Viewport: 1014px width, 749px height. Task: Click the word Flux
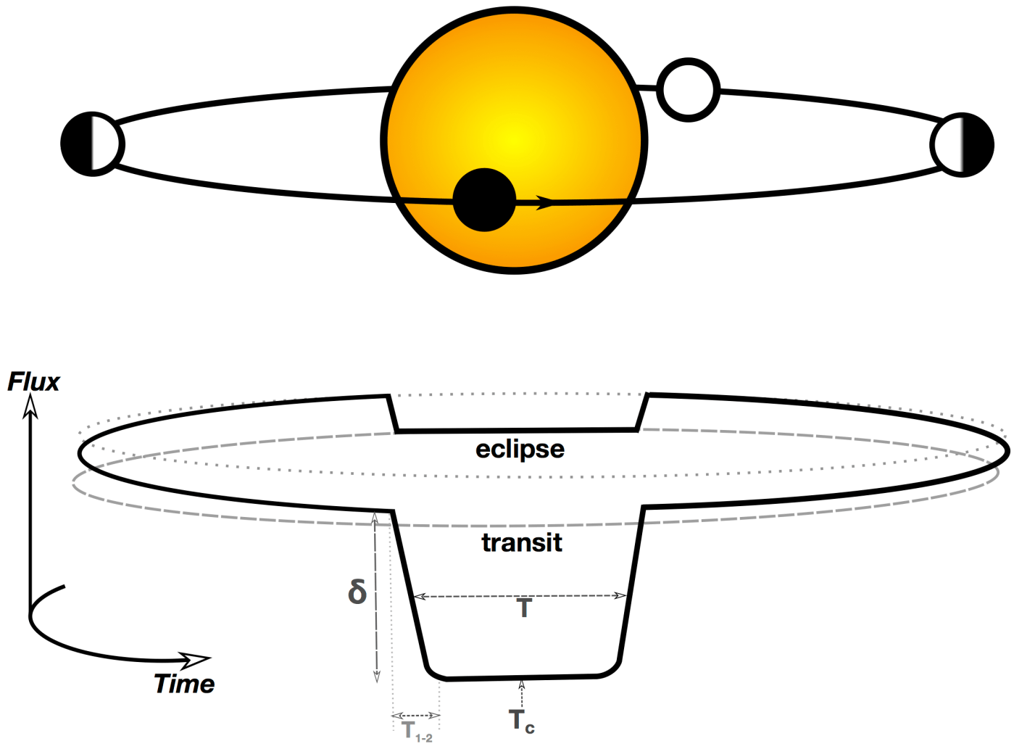(x=34, y=382)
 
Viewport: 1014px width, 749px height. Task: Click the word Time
(x=184, y=684)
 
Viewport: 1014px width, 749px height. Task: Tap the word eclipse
(x=520, y=449)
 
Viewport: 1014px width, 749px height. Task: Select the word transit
(x=522, y=542)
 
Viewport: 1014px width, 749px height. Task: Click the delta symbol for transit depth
(x=357, y=592)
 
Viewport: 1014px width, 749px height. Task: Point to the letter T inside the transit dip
(x=524, y=608)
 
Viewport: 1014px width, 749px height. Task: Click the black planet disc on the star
(x=483, y=199)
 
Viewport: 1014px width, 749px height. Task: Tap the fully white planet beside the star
(x=688, y=89)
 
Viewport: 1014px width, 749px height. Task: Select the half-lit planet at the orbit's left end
(x=92, y=144)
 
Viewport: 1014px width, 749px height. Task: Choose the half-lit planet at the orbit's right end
(x=962, y=144)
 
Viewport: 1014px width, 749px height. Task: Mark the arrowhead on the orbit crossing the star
(x=545, y=202)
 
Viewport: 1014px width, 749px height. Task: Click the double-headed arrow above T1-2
(x=416, y=716)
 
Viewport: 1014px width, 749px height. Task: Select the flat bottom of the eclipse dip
(x=518, y=430)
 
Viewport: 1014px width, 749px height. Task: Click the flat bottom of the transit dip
(x=522, y=677)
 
